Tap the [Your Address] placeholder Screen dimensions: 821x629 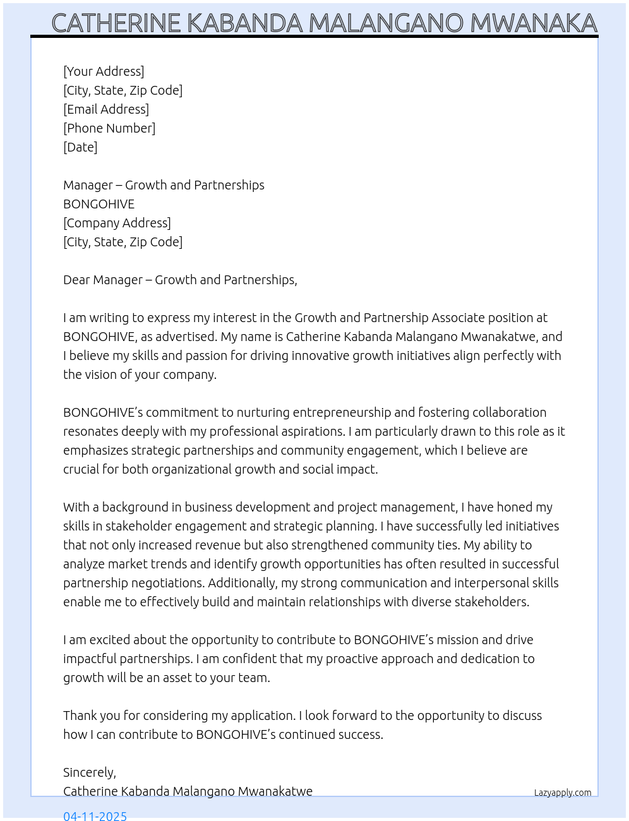coord(104,71)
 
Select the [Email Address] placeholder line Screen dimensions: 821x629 coord(106,109)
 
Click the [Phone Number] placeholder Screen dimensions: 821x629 coord(109,128)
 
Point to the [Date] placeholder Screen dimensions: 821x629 coord(80,147)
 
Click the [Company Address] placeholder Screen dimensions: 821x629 coord(117,223)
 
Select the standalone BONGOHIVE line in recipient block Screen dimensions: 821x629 coord(99,204)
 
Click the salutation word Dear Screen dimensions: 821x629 coord(76,280)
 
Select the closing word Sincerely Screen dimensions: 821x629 coord(89,772)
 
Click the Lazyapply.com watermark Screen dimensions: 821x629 coord(563,793)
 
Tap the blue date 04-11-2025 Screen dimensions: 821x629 coord(95,815)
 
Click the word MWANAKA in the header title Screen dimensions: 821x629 coord(534,23)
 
